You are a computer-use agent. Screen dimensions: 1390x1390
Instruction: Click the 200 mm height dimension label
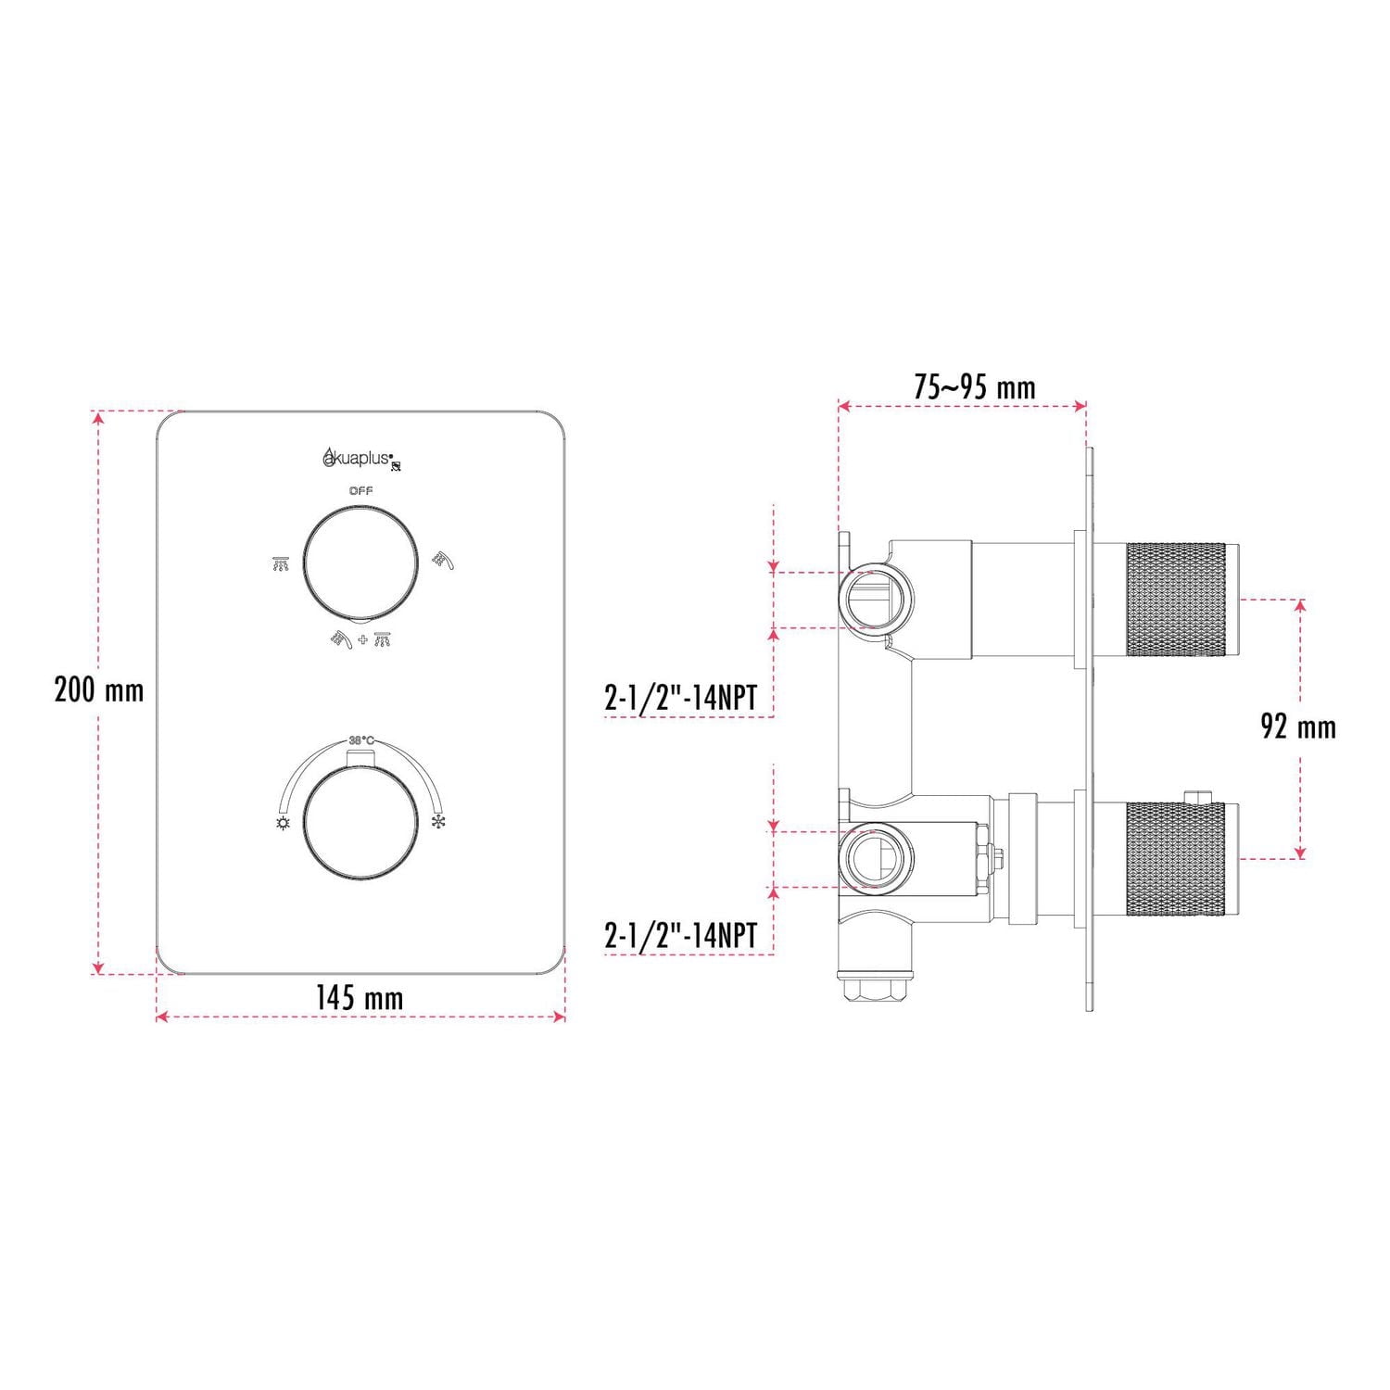[99, 690]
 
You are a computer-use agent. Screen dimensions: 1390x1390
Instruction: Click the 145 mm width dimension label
[360, 998]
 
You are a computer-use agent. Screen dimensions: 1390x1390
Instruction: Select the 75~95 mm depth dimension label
[974, 386]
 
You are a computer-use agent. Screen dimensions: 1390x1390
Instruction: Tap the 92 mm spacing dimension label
[1298, 727]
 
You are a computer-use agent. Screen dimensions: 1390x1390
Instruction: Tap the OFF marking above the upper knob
[360, 490]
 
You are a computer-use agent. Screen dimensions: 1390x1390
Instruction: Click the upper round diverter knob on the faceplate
[360, 562]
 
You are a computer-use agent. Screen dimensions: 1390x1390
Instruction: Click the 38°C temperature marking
[361, 740]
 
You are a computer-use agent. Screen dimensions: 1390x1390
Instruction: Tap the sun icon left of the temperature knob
[283, 823]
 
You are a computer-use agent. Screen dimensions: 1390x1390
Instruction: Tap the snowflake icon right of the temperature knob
[438, 822]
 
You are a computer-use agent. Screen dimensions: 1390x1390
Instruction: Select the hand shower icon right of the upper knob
[443, 561]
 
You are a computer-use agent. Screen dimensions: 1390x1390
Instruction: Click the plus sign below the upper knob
[362, 639]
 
